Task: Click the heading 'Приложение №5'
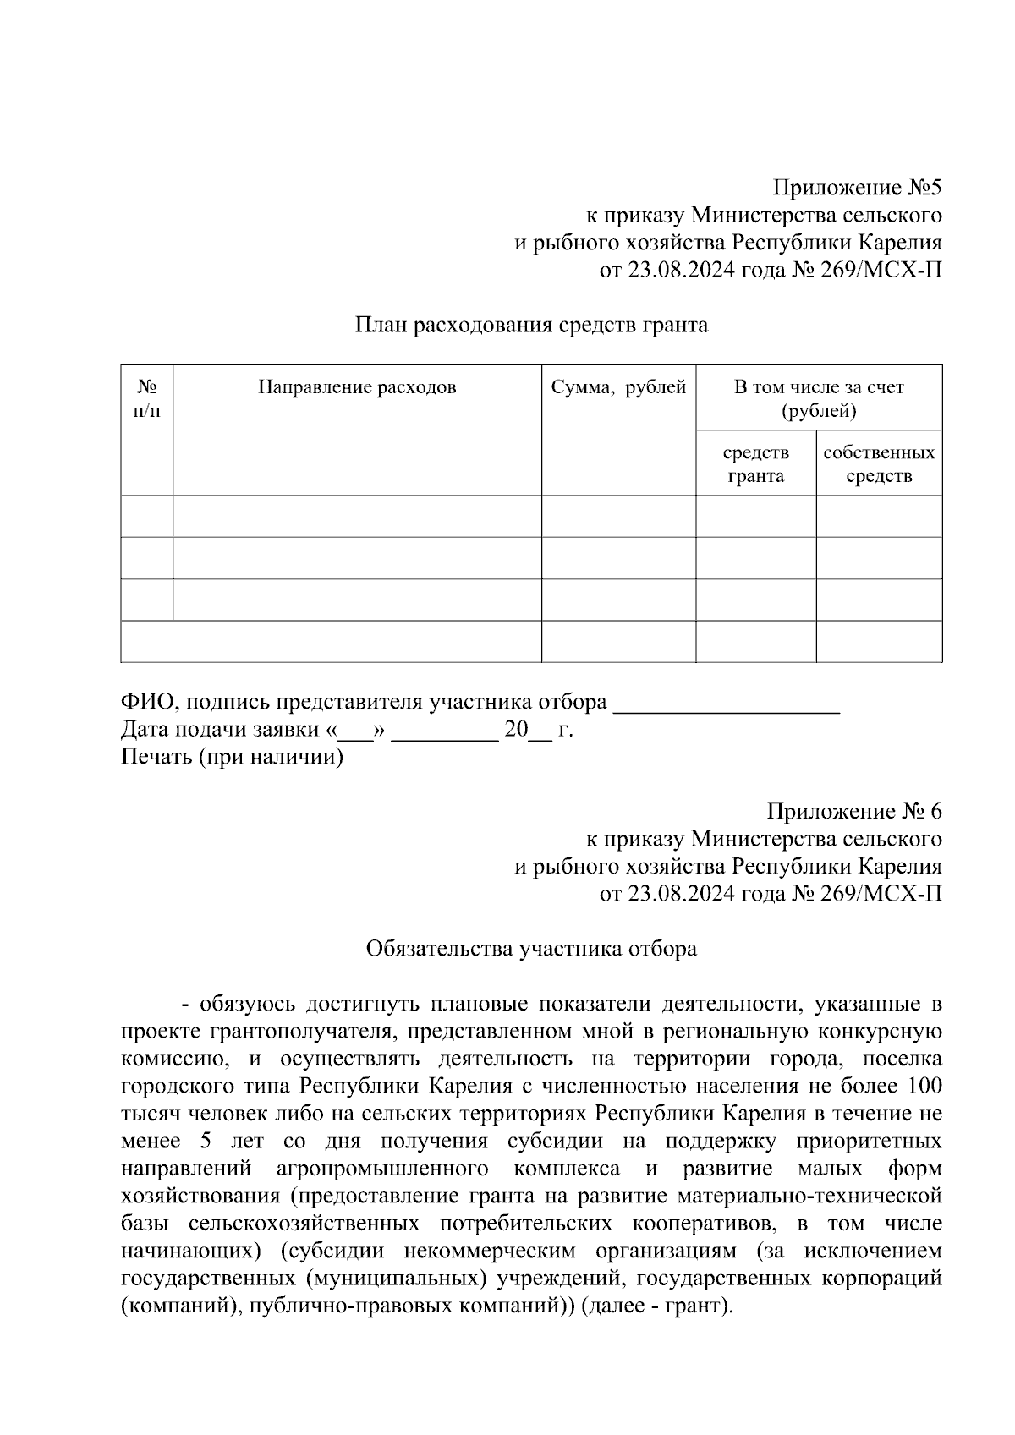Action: tap(856, 187)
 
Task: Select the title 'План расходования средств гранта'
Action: tap(531, 325)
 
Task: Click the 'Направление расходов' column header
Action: tap(357, 387)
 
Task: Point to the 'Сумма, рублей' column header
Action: tap(618, 387)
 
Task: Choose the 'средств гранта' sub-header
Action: tap(755, 463)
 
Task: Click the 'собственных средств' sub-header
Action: tap(879, 463)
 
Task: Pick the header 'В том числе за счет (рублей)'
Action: tap(818, 398)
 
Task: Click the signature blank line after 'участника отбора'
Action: tap(726, 705)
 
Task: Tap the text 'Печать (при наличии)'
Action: tap(233, 757)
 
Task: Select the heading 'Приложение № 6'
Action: tap(853, 812)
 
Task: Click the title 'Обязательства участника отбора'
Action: tap(531, 949)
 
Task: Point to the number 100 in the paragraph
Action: tap(924, 1086)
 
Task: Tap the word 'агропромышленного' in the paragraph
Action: tap(382, 1169)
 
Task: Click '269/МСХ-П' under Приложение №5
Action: tap(880, 270)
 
